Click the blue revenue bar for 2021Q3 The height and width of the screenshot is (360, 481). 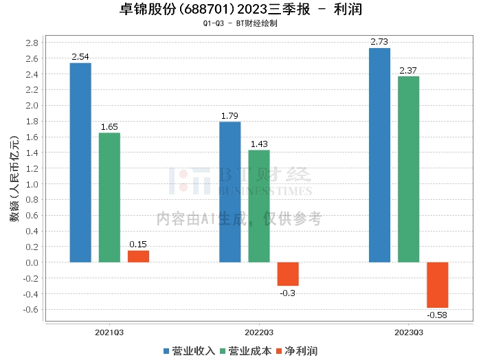(x=80, y=163)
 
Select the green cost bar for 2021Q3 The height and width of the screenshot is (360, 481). (x=109, y=198)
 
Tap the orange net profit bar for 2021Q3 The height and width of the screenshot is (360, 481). (x=138, y=256)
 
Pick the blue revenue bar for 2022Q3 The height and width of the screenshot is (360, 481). (x=230, y=192)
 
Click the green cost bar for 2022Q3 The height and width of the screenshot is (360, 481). (x=259, y=206)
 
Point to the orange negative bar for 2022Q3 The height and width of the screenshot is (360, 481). (x=288, y=273)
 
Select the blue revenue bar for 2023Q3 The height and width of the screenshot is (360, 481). (x=379, y=155)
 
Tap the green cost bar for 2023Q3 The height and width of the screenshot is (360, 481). (x=408, y=169)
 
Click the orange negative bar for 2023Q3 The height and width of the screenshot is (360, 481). (x=437, y=284)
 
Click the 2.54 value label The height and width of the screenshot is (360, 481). (x=80, y=57)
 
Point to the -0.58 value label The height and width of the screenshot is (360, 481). (x=437, y=315)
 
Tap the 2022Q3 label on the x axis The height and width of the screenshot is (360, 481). (x=258, y=332)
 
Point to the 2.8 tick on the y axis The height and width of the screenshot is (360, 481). (x=32, y=43)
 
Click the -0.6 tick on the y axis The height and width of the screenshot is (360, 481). (x=30, y=309)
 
